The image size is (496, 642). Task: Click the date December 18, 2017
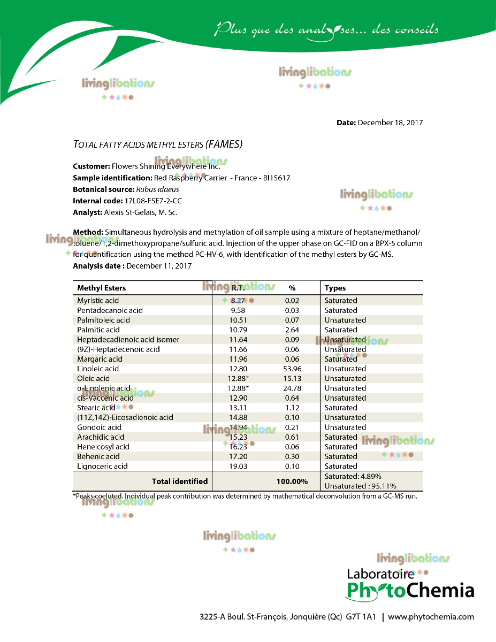[390, 123]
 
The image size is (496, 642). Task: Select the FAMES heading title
[158, 144]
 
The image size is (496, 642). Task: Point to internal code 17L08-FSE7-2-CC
[156, 201]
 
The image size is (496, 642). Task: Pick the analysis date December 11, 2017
[159, 265]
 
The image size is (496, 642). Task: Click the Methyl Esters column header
[102, 288]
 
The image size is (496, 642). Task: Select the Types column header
[335, 288]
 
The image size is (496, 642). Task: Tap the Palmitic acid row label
[98, 330]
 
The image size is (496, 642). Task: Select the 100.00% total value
[292, 481]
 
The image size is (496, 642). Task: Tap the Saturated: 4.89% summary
[353, 476]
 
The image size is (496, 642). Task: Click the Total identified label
[180, 481]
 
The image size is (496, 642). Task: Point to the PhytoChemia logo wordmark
[410, 590]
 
